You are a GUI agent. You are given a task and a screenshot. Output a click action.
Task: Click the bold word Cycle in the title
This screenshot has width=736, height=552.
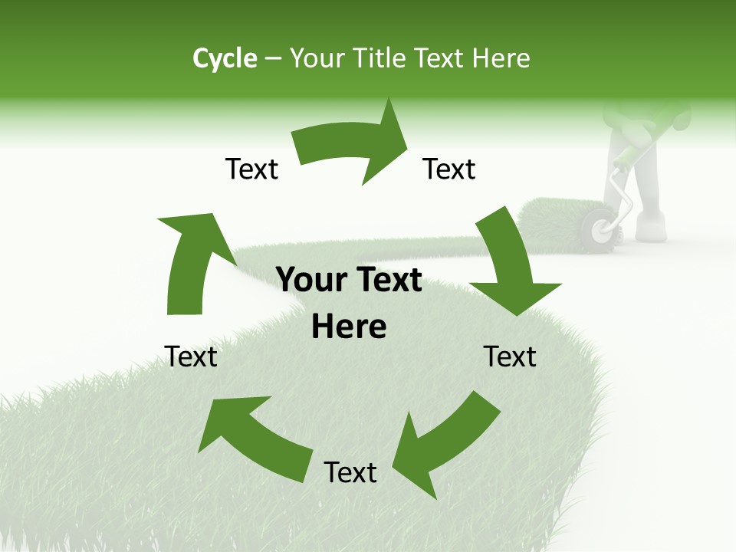click(225, 58)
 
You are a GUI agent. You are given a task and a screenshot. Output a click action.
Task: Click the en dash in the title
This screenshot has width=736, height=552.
click(273, 59)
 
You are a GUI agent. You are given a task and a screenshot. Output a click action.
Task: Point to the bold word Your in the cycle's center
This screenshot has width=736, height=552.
click(310, 281)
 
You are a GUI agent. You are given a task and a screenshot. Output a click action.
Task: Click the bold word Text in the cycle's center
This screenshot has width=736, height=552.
click(386, 281)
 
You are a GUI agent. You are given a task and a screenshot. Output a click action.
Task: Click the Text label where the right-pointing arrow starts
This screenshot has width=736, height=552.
click(251, 169)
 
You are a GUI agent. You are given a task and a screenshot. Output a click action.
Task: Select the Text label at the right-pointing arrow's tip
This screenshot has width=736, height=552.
click(449, 169)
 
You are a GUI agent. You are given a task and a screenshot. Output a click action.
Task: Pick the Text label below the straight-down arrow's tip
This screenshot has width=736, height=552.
click(510, 356)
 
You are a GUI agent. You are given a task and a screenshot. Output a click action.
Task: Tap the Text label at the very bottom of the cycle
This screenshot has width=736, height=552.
click(350, 472)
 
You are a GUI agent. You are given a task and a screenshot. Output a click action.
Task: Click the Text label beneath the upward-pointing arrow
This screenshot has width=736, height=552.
click(192, 356)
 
